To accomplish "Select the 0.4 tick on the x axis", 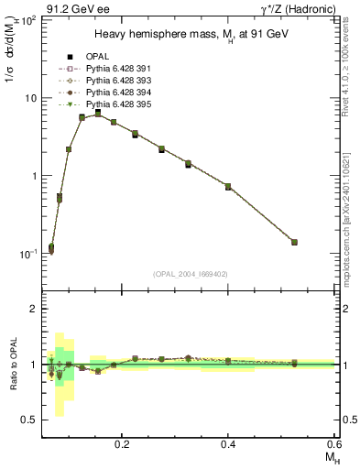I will pos(228,443).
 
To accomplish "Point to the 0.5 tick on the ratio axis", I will pos(33,420).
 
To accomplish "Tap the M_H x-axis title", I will pos(327,457).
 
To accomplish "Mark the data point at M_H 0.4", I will pos(228,187).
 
